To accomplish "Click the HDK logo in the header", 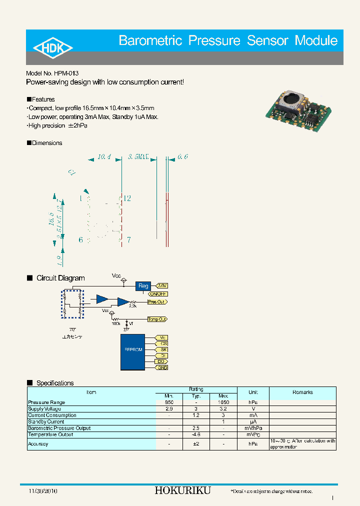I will pyautogui.click(x=53, y=47).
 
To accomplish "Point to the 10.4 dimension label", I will pyautogui.click(x=103, y=156).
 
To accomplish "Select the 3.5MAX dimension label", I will pyautogui.click(x=138, y=156).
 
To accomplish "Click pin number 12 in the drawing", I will pyautogui.click(x=127, y=198).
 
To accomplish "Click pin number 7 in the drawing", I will pyautogui.click(x=128, y=240).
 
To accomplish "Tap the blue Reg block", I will pyautogui.click(x=143, y=286).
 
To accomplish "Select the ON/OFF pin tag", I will pyautogui.click(x=158, y=294).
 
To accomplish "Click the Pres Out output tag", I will pyautogui.click(x=157, y=302).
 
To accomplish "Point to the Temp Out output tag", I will pyautogui.click(x=157, y=319).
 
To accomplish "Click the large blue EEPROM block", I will pyautogui.click(x=132, y=352).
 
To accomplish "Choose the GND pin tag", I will pyautogui.click(x=162, y=367).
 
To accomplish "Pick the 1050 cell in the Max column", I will pyautogui.click(x=223, y=402).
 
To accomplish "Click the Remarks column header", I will pyautogui.click(x=302, y=392).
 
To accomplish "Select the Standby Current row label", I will pyautogui.click(x=46, y=421).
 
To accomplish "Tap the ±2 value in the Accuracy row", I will pyautogui.click(x=196, y=444).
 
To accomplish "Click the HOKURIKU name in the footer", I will pyautogui.click(x=182, y=490).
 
